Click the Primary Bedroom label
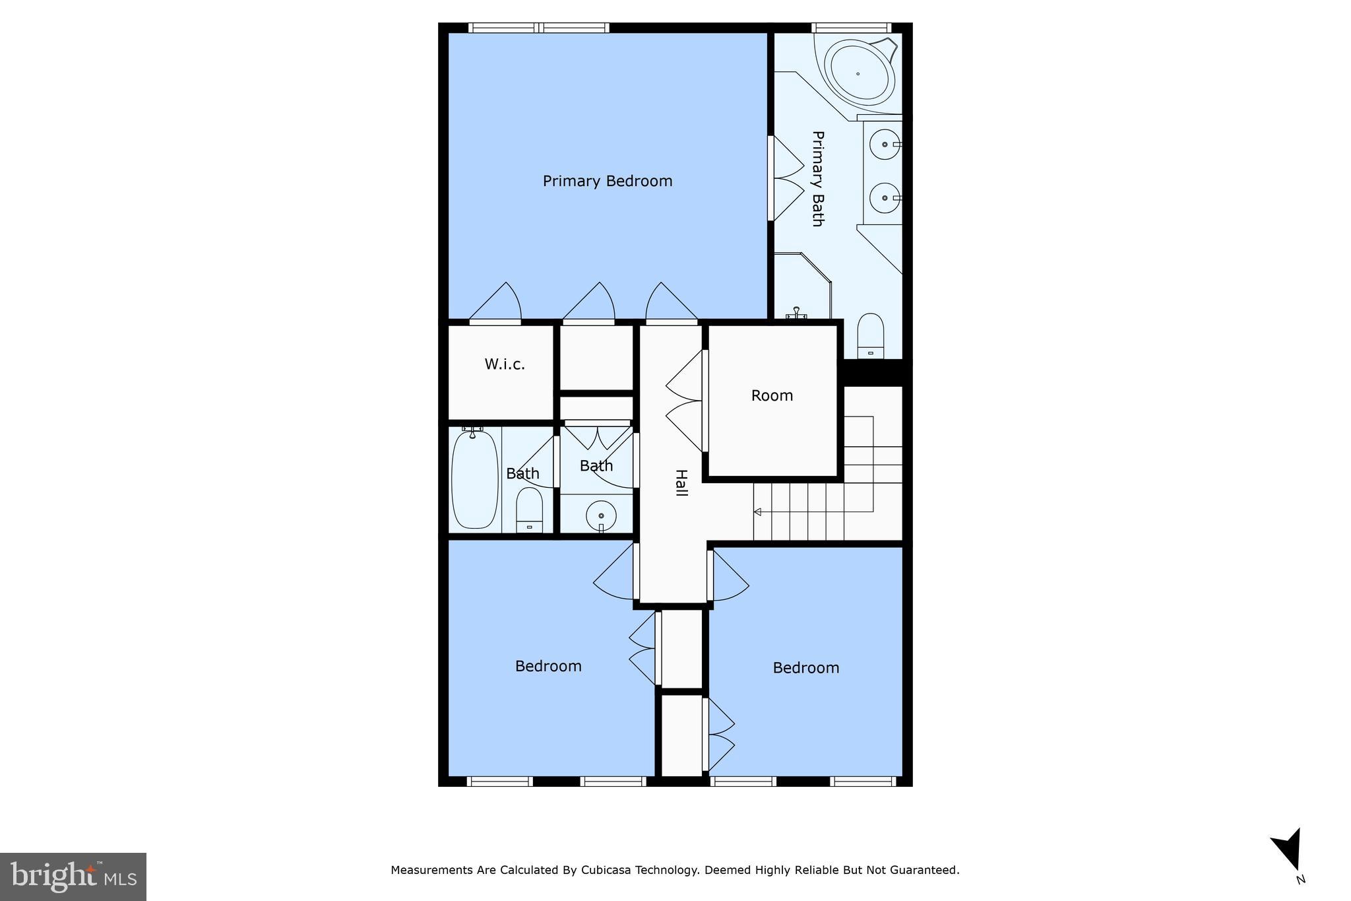(x=607, y=181)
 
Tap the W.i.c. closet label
(x=505, y=364)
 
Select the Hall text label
(x=681, y=483)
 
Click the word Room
(x=772, y=395)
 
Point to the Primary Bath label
(x=817, y=178)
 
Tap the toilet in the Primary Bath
(x=871, y=335)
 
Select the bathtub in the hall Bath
(x=474, y=478)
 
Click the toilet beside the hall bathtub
(x=529, y=510)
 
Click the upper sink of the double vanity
(x=884, y=144)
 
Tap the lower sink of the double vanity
(x=884, y=197)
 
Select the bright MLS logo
(x=73, y=877)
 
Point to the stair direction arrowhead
(x=757, y=512)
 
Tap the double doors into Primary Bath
(x=786, y=178)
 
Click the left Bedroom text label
(x=548, y=666)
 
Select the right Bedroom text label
(x=805, y=667)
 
